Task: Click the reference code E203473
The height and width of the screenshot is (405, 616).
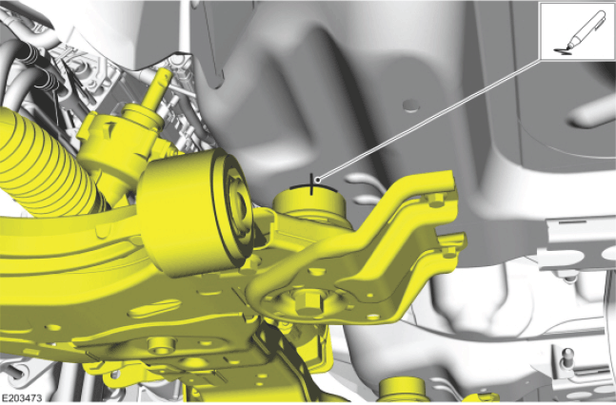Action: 21,398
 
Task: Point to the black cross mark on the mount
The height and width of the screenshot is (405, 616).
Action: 312,184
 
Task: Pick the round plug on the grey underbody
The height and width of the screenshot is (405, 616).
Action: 411,106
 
